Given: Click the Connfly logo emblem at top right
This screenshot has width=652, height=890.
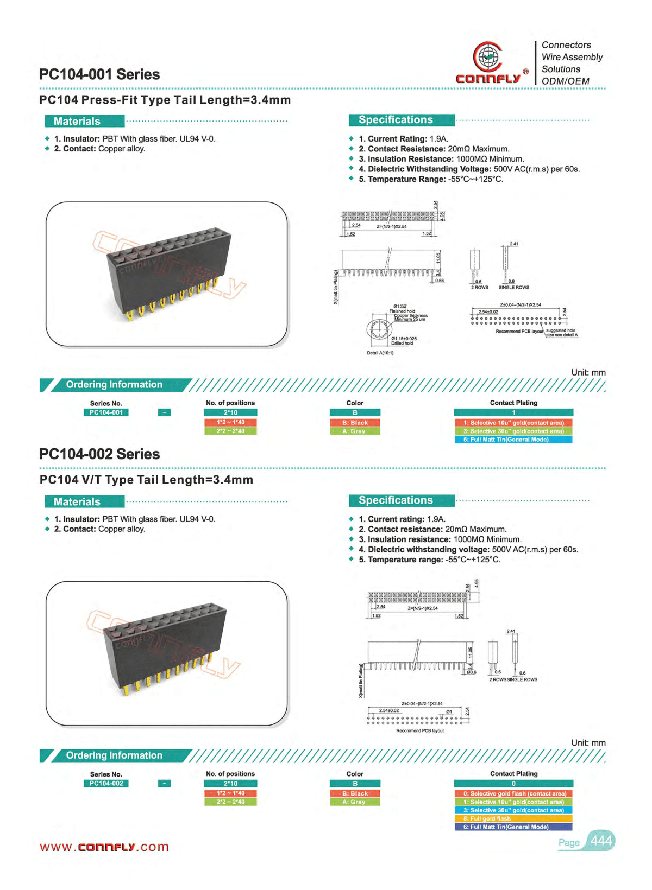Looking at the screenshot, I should tap(487, 56).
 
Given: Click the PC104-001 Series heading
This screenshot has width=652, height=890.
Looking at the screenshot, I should tap(99, 74).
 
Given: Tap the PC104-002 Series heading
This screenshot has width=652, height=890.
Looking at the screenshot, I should tap(99, 454).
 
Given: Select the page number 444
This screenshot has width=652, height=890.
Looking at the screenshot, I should tap(601, 841).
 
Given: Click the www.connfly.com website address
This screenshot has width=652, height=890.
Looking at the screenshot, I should tap(104, 847).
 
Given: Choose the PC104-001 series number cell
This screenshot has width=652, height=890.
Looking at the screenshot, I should tap(106, 412).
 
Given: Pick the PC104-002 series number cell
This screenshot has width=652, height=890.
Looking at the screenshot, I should tap(106, 784).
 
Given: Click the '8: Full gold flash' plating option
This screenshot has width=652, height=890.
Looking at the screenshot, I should tap(513, 818).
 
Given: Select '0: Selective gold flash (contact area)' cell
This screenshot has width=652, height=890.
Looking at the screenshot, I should tap(513, 793).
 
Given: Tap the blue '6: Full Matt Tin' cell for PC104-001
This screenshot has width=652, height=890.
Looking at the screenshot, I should tap(513, 440).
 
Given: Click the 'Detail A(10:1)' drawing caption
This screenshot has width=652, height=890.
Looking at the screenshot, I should tap(380, 353).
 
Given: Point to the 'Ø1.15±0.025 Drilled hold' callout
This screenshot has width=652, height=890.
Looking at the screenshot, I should tap(404, 341).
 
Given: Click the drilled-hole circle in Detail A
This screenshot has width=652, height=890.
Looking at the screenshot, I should tap(378, 329).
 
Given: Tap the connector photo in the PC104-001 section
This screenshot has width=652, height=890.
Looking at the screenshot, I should tap(166, 274).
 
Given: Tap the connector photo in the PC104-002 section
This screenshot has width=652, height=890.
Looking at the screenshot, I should tap(166, 653).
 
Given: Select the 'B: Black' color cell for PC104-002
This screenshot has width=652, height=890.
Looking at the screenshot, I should tap(355, 793).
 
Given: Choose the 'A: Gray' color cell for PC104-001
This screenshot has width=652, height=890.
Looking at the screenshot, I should tap(355, 431).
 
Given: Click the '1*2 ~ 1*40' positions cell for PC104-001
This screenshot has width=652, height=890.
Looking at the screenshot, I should tap(230, 422).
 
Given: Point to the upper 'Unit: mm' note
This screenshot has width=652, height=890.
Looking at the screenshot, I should tap(588, 372).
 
